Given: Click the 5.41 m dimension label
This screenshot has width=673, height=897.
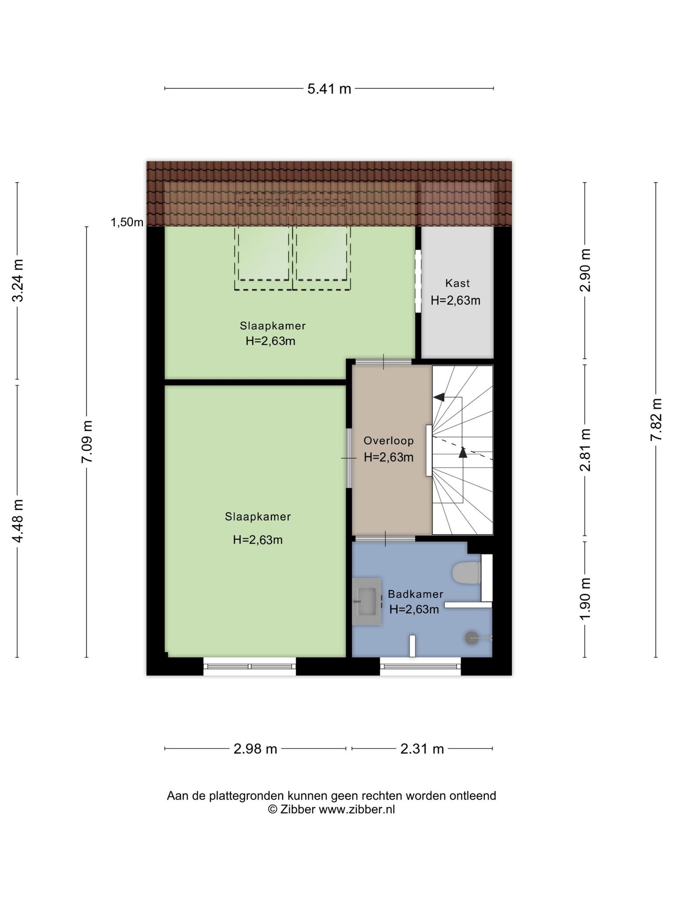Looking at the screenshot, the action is coord(329,89).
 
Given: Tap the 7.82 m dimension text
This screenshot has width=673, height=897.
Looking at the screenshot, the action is coord(656,420).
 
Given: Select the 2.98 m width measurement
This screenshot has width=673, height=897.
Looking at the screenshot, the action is coord(255,749).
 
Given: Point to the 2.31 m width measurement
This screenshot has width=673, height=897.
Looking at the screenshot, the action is coord(422,749).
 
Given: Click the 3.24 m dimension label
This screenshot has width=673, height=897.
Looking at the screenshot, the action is coord(18,280).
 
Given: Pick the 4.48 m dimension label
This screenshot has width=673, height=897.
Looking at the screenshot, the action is coord(18,521).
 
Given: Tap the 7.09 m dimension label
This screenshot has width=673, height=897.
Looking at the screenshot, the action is coord(87,441).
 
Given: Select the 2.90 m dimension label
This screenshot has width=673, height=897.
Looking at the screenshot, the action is coord(585,270).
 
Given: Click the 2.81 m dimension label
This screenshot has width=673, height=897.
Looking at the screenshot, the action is coord(585,450).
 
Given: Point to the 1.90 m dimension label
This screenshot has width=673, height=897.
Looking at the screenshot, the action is coord(585,599).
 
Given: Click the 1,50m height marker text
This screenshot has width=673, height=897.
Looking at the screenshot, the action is coord(127,222).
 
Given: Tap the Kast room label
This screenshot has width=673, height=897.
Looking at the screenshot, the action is coord(457,283).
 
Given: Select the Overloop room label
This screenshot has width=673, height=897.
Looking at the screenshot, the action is coord(389,441).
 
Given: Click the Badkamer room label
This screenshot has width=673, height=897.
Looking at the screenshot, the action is coord(415,594).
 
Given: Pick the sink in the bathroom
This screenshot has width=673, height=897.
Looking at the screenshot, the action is coord(367,601).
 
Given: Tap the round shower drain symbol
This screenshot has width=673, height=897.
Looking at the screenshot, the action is coord(471,638).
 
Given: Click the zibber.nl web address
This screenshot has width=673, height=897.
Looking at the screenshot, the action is coord(357,810).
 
